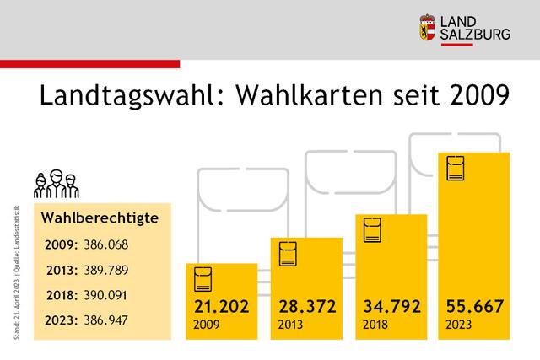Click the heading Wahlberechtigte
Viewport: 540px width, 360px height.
click(100, 218)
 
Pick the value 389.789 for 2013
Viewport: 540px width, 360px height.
click(116, 270)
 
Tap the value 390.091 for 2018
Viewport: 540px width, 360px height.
click(116, 295)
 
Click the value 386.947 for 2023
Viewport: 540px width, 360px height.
click(116, 320)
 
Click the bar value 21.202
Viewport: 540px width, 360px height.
click(221, 306)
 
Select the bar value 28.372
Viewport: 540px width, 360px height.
click(305, 306)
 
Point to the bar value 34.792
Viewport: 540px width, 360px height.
click(391, 306)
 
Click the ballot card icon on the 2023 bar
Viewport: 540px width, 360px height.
click(456, 169)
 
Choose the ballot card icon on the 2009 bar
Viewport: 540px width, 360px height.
click(202, 278)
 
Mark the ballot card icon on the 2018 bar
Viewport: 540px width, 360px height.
click(372, 230)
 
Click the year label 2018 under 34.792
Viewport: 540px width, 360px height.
click(375, 325)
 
